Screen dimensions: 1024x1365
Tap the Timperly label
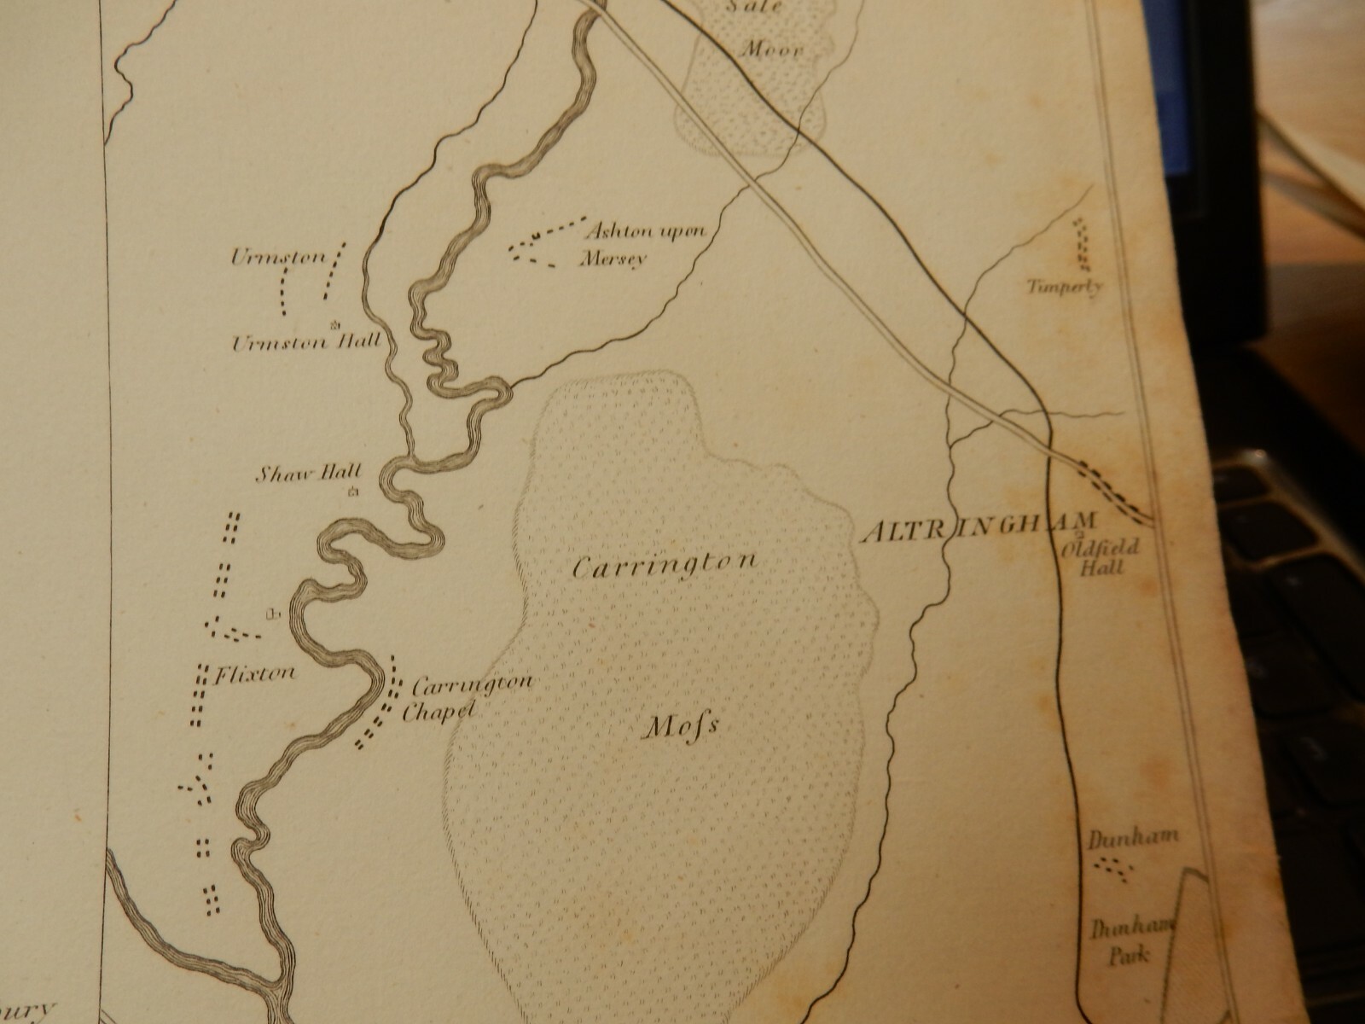click(x=1066, y=287)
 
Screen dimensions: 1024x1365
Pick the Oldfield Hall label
click(x=1106, y=557)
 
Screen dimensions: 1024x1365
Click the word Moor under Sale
click(x=771, y=50)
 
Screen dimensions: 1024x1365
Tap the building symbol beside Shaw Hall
click(x=352, y=492)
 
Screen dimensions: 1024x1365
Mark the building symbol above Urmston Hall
click(x=334, y=323)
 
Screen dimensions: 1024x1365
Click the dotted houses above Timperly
click(x=1083, y=241)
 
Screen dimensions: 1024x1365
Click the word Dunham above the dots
click(x=1120, y=840)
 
